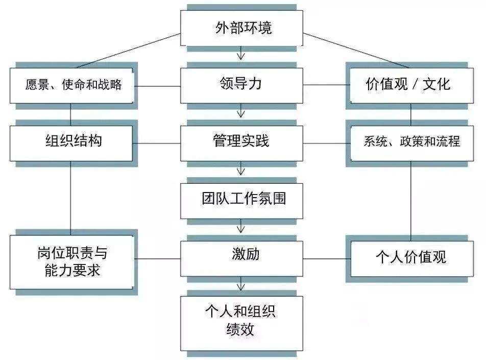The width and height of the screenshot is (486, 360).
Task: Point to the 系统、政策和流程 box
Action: (x=411, y=142)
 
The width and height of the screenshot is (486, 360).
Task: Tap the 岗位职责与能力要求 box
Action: (x=71, y=261)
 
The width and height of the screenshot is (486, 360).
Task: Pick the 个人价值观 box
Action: (x=410, y=257)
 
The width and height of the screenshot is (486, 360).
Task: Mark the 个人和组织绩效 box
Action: (x=241, y=321)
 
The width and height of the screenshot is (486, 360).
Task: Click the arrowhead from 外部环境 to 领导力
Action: (x=241, y=55)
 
